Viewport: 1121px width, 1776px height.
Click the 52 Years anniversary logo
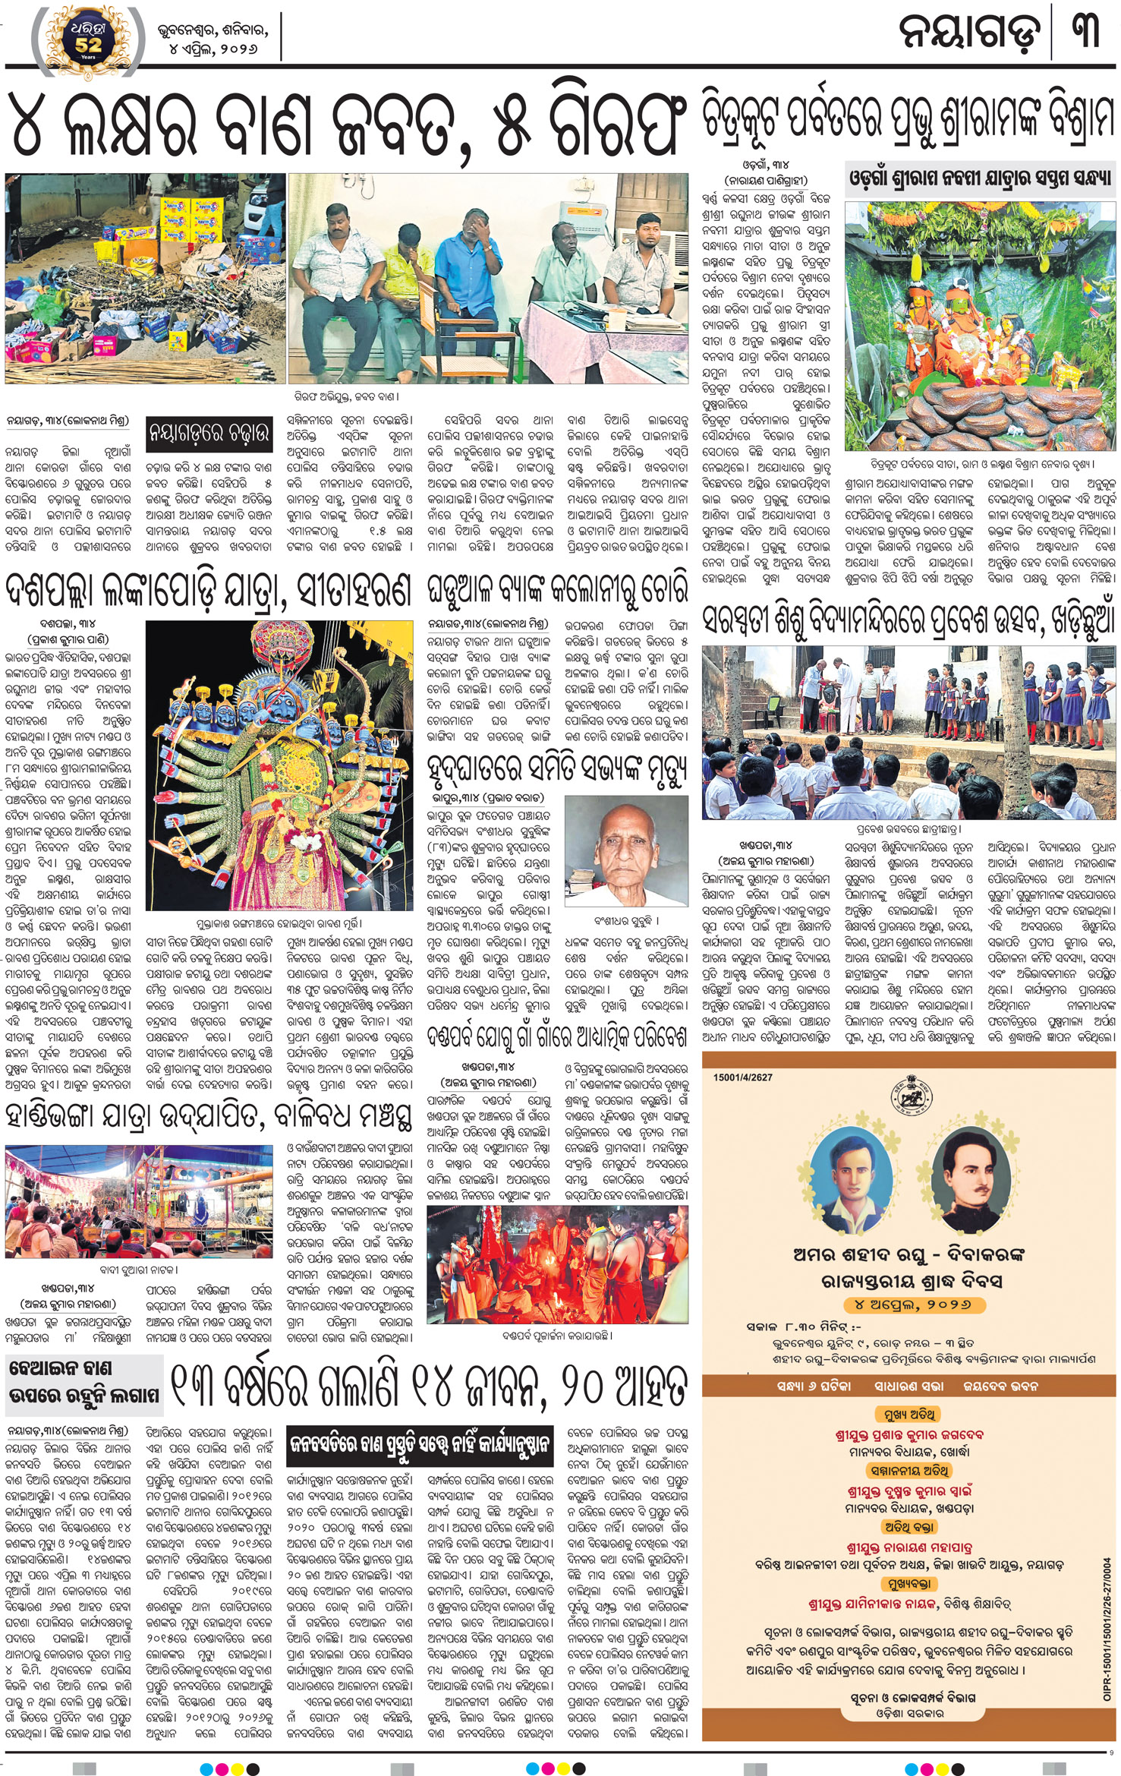pos(86,39)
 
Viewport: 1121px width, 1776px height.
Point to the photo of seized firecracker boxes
pos(145,278)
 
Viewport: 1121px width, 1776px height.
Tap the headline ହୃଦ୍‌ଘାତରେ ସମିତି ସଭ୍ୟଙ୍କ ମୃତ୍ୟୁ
pos(558,773)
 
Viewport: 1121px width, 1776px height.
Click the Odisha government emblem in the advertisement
pos(909,1100)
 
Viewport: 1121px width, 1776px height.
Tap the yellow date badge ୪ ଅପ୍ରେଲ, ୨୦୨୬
pos(908,1304)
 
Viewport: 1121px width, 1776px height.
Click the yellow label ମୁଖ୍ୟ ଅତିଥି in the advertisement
pos(908,1414)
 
